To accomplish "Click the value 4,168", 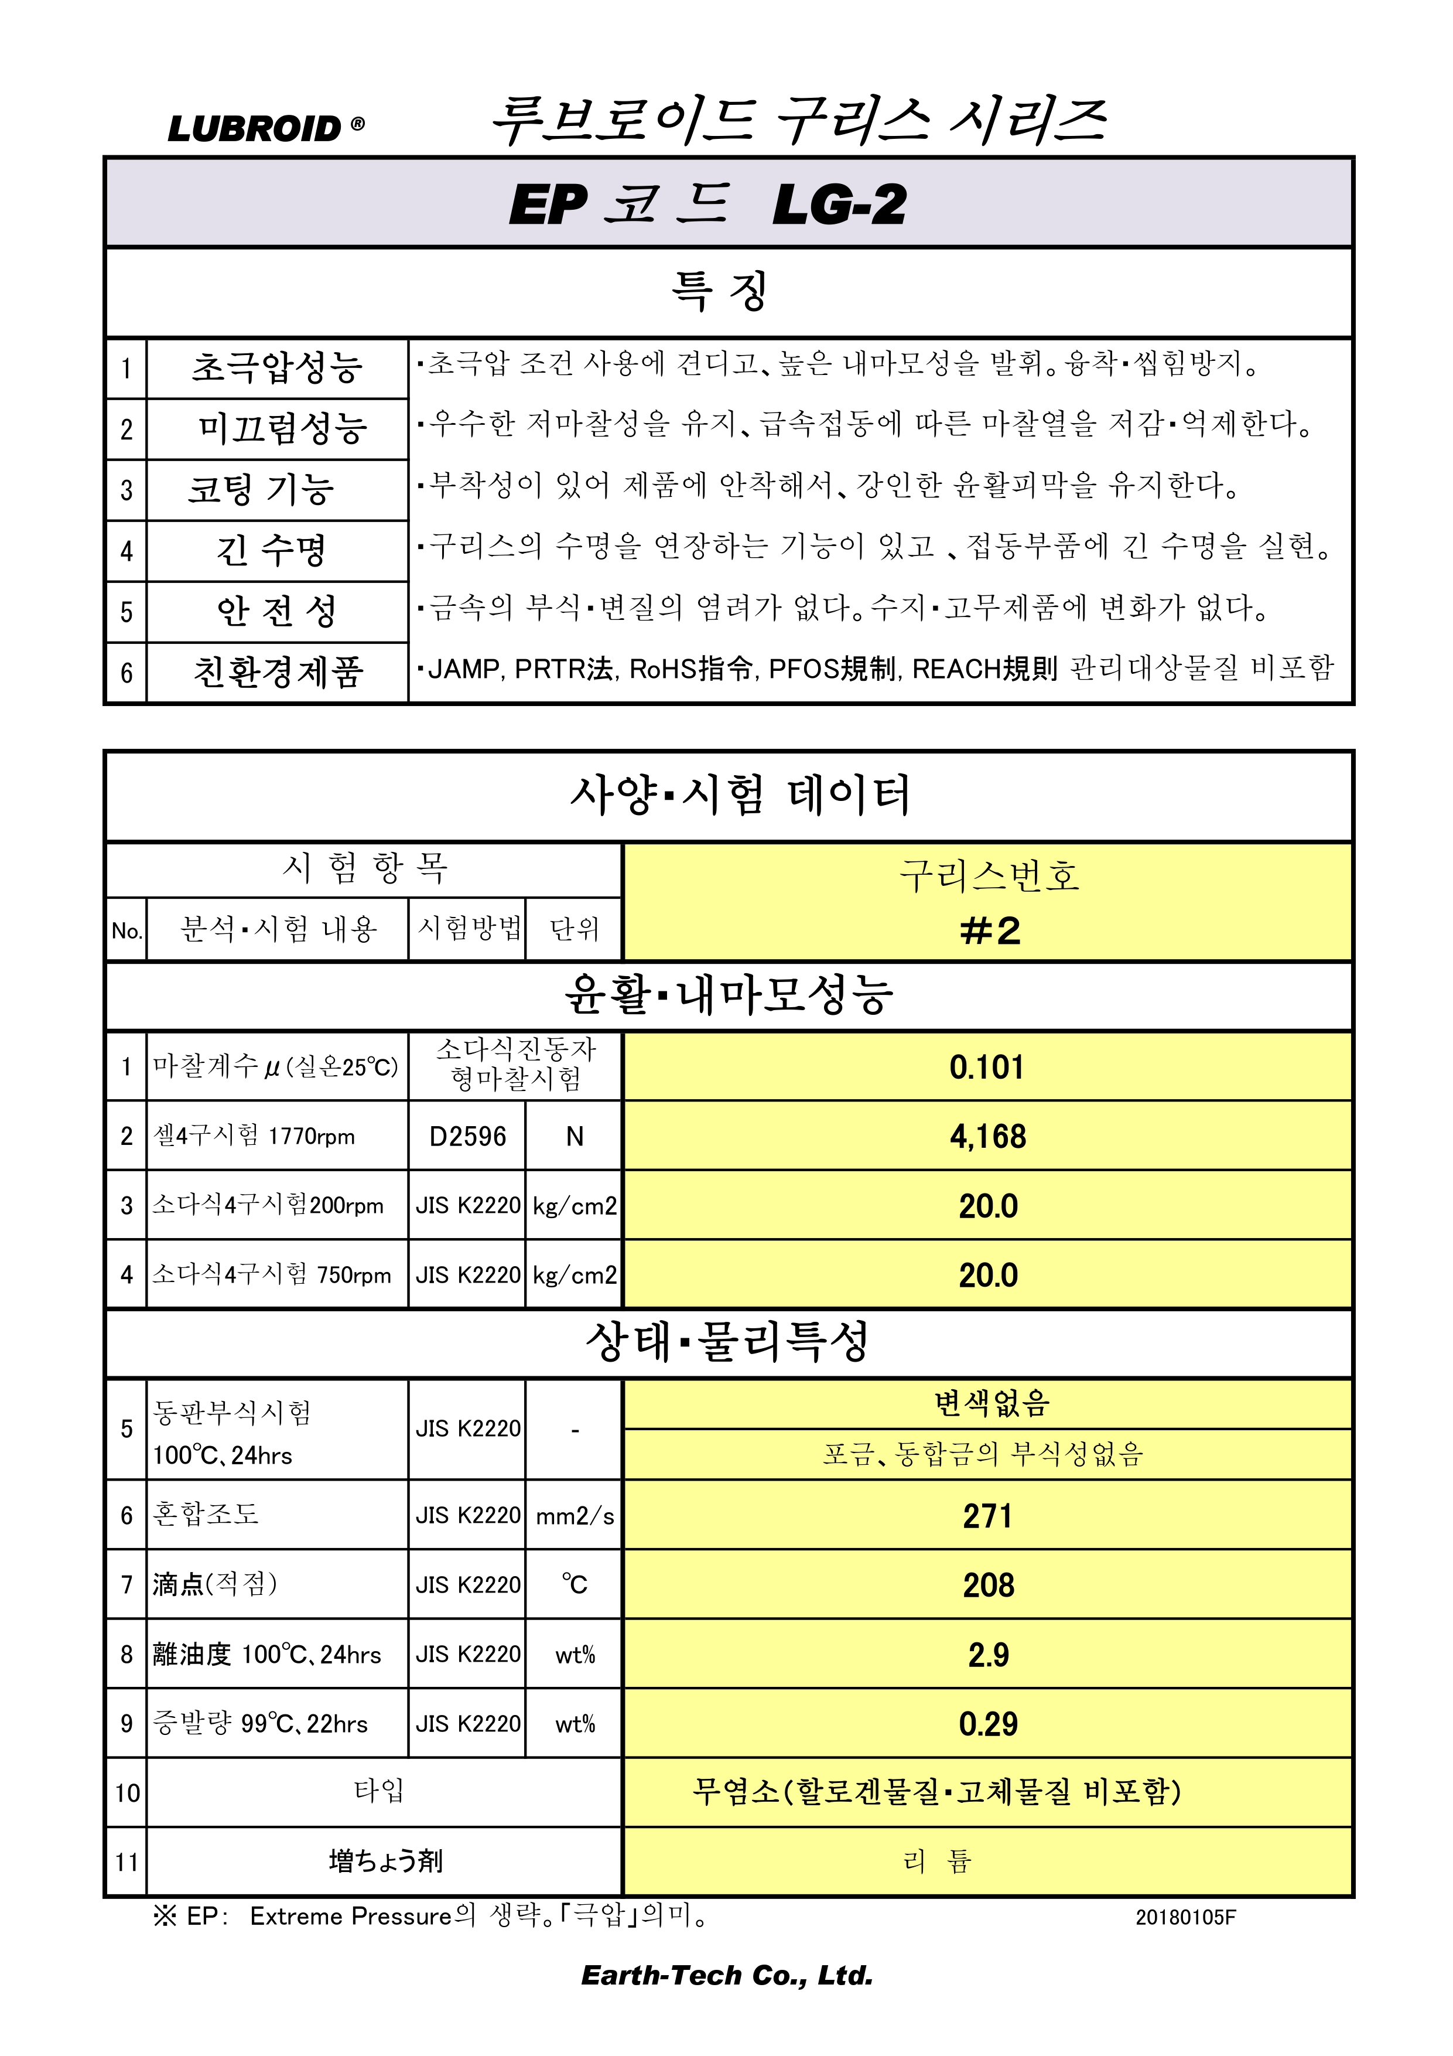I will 987,1136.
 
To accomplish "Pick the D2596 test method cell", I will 467,1136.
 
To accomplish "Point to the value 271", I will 987,1516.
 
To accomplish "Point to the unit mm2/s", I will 574,1516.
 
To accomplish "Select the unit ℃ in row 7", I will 574,1585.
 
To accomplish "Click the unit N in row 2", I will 574,1136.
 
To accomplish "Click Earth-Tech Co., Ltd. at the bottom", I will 726,1975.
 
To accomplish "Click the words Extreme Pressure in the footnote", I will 350,1917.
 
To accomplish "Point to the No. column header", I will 127,930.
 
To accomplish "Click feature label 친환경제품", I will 278,671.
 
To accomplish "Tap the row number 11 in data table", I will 127,1863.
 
